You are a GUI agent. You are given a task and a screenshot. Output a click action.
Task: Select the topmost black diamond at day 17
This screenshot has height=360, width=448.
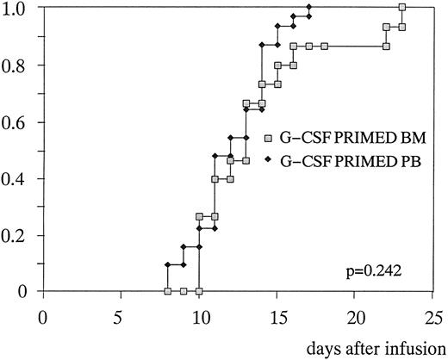tap(308, 7)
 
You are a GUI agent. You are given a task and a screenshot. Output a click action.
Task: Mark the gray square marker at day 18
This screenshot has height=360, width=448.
tap(324, 46)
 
